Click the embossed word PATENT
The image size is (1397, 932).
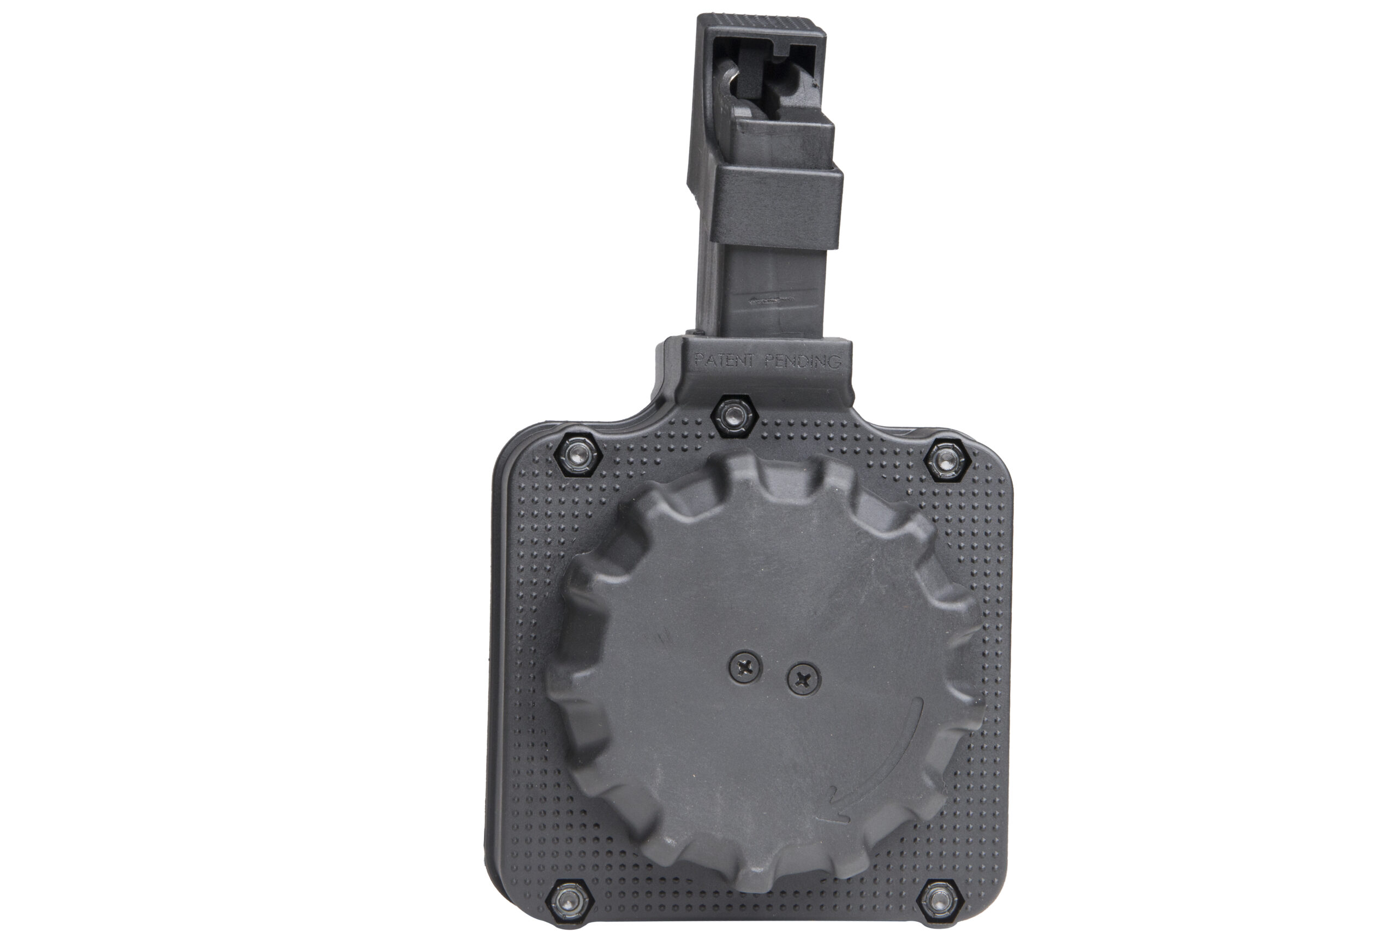(x=724, y=360)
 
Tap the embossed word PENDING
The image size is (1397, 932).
(x=802, y=360)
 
